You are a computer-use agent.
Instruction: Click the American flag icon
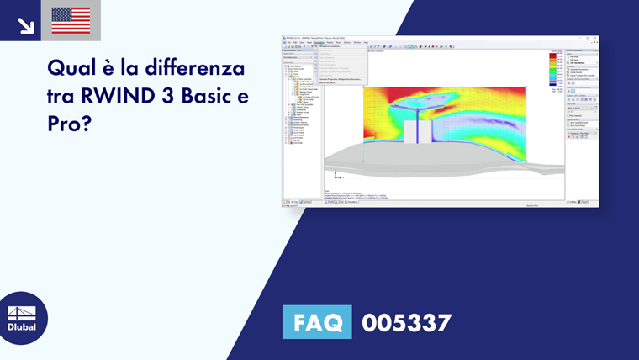point(71,20)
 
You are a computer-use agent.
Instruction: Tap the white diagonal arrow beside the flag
point(25,24)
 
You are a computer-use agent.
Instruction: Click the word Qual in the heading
point(70,67)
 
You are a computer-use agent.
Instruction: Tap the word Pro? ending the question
point(69,123)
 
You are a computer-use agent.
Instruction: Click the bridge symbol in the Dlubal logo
point(22,312)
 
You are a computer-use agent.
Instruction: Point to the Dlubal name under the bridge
point(22,327)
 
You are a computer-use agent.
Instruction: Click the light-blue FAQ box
point(317,322)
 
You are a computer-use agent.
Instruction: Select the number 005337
point(407,322)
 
